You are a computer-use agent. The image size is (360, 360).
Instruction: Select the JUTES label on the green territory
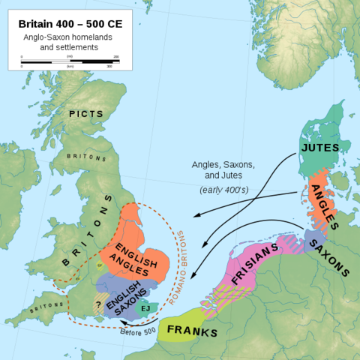[x=319, y=147]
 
